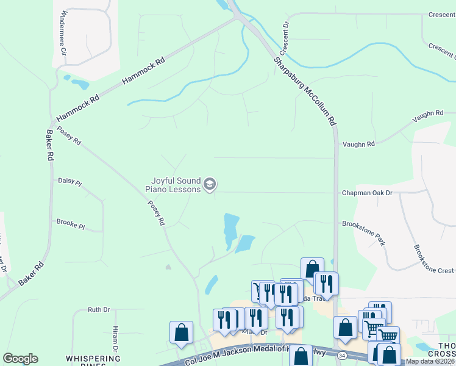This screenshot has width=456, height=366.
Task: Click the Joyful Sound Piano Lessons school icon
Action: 210,184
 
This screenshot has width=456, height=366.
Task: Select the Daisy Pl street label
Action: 69,181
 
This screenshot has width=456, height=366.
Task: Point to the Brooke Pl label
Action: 70,224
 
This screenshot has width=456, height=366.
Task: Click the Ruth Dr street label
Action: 98,310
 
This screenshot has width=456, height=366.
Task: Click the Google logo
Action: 20,359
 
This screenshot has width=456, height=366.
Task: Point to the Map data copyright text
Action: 430,361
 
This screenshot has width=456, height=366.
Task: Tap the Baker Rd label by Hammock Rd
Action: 49,145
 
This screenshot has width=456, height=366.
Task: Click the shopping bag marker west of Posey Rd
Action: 182,332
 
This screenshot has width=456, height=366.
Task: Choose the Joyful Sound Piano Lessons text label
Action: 173,185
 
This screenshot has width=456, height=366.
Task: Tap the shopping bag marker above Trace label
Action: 312,268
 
